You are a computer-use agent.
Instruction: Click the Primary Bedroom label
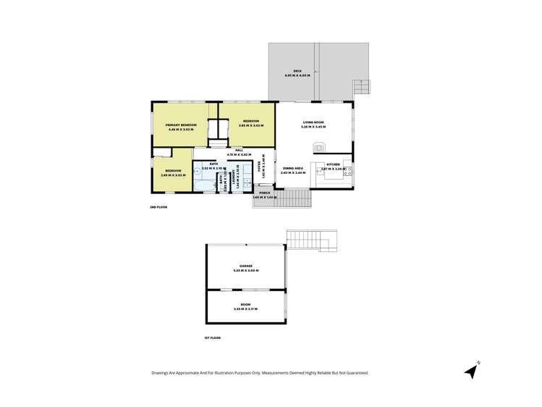[181, 125]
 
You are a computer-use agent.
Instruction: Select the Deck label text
[297, 71]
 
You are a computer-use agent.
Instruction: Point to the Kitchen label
[333, 164]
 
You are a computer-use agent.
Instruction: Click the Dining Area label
[293, 167]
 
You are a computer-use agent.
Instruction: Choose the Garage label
[246, 266]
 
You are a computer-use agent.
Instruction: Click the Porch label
[264, 193]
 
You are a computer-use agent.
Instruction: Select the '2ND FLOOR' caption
[158, 207]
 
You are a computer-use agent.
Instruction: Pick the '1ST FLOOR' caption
[212, 338]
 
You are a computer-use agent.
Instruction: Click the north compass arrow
[472, 371]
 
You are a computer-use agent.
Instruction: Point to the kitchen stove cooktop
[347, 171]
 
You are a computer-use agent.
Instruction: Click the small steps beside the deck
[361, 88]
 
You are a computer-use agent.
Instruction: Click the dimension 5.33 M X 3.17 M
[246, 309]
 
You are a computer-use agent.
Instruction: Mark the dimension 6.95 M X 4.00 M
[297, 75]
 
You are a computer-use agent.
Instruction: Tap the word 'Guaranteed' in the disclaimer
[355, 373]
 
